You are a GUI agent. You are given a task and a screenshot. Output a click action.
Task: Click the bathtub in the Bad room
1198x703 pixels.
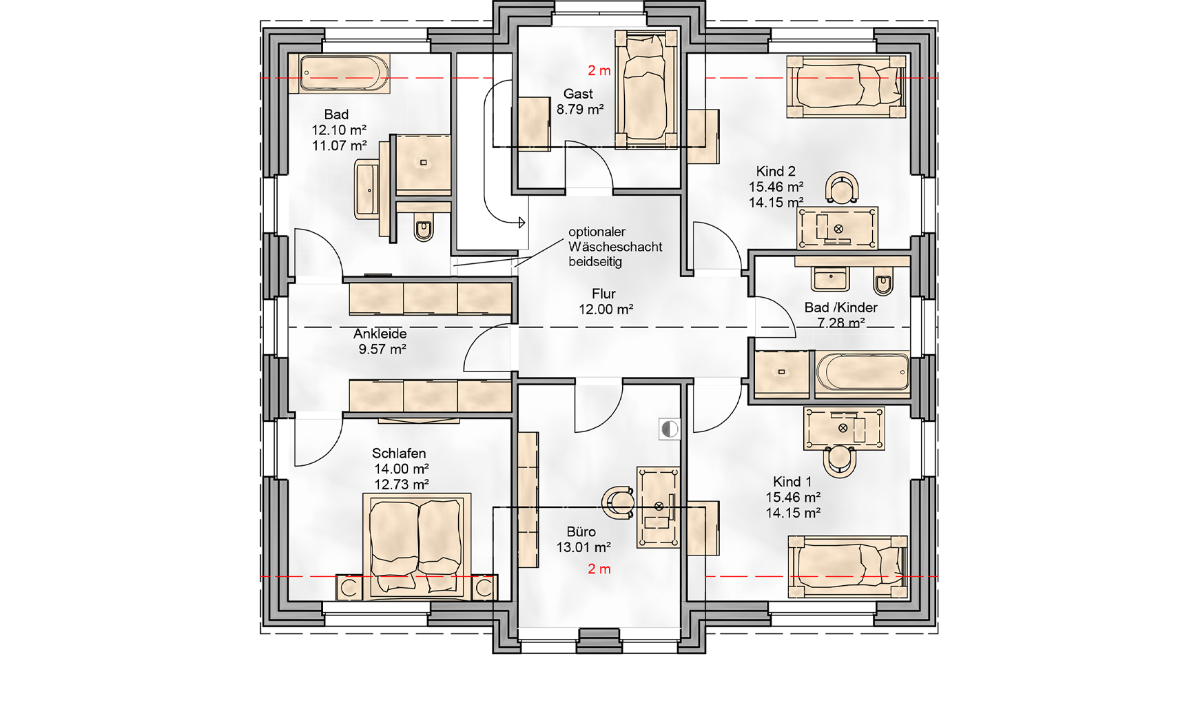[344, 73]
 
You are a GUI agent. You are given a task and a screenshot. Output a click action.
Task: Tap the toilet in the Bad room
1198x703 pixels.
[424, 229]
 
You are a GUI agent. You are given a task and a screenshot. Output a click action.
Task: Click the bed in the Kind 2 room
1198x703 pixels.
[846, 87]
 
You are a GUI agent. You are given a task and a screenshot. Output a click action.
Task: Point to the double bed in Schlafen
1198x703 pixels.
[417, 546]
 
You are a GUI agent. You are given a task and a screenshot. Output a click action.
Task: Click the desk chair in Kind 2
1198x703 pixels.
[841, 187]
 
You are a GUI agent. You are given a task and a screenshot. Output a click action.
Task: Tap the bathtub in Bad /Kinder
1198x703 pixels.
[863, 373]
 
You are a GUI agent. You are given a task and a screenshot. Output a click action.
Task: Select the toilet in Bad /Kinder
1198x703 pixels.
[882, 282]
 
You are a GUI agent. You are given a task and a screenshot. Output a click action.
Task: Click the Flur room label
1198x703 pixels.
[603, 294]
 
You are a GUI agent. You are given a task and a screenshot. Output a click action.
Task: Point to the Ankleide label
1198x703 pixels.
[380, 334]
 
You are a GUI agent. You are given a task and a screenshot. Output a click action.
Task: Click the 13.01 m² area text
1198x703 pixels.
[583, 547]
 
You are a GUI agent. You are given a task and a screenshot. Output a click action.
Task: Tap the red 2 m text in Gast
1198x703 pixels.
[599, 70]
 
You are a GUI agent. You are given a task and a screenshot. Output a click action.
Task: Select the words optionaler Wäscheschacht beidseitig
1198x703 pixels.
[615, 247]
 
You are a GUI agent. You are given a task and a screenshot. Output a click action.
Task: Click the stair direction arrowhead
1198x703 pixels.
[521, 223]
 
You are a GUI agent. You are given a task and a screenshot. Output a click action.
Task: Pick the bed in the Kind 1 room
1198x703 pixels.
[847, 567]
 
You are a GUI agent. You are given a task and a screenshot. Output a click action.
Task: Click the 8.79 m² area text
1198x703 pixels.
[580, 110]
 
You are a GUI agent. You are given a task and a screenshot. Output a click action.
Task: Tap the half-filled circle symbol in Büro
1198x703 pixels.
[668, 429]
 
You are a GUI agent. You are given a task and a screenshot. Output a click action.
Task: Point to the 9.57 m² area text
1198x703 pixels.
[382, 349]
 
